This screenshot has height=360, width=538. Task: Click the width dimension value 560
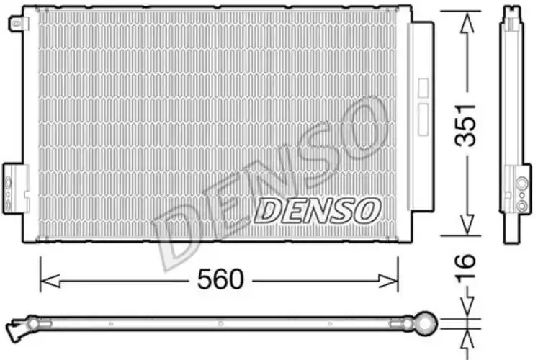click(x=220, y=279)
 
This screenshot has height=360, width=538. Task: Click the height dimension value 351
click(x=465, y=125)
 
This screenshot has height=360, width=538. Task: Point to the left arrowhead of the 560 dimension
click(x=50, y=281)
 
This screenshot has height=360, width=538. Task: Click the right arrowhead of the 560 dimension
click(x=388, y=281)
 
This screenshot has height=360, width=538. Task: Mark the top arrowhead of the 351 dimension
click(x=467, y=23)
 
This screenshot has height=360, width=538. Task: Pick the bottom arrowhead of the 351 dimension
click(x=467, y=224)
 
